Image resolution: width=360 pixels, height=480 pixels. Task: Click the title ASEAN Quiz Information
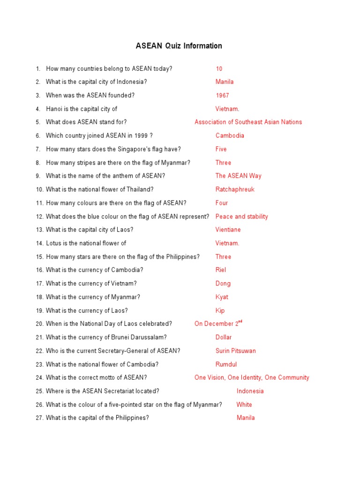click(x=179, y=46)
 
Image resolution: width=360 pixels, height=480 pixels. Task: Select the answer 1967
click(x=222, y=95)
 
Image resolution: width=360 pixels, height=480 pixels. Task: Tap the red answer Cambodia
click(x=230, y=135)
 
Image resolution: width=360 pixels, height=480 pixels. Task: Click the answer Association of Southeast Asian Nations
click(x=248, y=122)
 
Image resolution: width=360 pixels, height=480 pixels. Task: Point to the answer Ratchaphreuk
click(x=235, y=189)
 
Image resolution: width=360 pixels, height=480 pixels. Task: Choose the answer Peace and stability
click(x=241, y=217)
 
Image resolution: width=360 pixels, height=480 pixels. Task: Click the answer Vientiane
click(x=228, y=230)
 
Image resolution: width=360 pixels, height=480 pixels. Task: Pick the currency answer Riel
click(x=220, y=270)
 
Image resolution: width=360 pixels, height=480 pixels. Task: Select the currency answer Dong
click(x=223, y=283)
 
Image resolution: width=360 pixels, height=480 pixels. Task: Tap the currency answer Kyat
click(x=222, y=297)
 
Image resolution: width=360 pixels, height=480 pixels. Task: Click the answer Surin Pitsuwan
click(x=235, y=351)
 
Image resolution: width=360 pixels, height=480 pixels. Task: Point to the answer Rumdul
click(x=226, y=364)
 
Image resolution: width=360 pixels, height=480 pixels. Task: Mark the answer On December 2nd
click(x=218, y=323)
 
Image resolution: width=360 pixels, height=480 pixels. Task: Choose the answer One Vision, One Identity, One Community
click(x=252, y=377)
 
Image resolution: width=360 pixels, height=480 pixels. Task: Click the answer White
click(x=244, y=405)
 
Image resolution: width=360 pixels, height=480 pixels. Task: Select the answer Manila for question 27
click(x=246, y=418)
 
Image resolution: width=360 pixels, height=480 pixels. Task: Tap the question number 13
click(x=39, y=230)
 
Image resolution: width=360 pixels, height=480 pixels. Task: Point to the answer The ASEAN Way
click(x=238, y=176)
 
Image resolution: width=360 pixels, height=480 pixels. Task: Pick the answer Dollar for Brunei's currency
click(x=224, y=337)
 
